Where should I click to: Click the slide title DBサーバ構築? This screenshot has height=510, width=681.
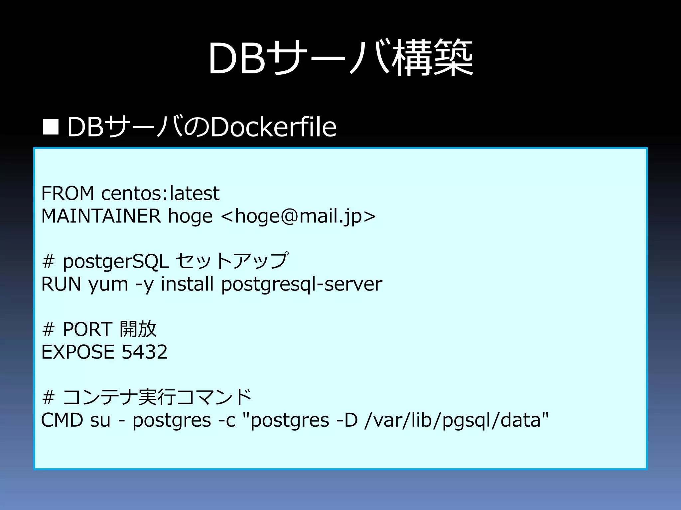[340, 58]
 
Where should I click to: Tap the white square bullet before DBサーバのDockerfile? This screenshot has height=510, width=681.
[51, 127]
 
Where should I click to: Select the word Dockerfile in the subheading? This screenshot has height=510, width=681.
[273, 127]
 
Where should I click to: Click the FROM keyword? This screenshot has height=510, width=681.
[68, 193]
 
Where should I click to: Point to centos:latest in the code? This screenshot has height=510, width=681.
[160, 193]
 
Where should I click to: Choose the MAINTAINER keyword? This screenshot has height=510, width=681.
[101, 216]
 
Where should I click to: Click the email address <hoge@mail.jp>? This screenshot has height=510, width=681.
[298, 216]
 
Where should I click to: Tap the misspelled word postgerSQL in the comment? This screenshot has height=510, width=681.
[116, 262]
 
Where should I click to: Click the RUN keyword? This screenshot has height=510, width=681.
[61, 284]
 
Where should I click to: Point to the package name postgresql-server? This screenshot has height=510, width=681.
[302, 285]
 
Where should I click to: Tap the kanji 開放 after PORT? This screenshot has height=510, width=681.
[138, 329]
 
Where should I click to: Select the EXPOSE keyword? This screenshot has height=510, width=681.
[77, 352]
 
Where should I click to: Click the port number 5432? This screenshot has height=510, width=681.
[145, 352]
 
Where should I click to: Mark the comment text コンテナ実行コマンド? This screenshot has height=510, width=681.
[157, 397]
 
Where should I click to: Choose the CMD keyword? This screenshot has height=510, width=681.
[62, 420]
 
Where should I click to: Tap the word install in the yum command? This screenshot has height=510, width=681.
[187, 284]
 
